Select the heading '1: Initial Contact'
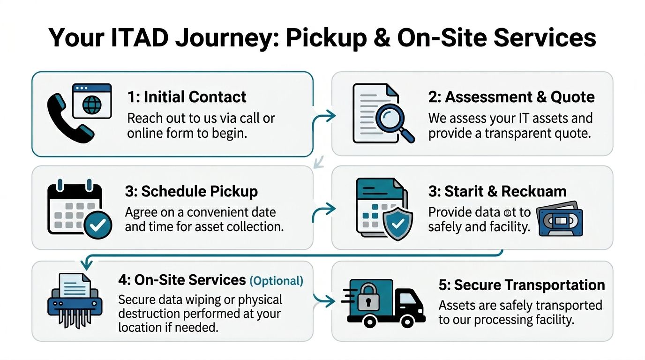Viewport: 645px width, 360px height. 187,97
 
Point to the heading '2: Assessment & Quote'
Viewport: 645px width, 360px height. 511,97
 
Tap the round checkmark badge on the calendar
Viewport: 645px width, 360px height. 97,225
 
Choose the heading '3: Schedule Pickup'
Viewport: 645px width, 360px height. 191,191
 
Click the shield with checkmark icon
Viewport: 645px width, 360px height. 398,225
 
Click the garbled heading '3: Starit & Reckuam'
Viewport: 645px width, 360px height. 497,191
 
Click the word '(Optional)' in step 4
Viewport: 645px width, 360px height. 276,281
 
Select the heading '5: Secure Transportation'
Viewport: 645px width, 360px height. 522,285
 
